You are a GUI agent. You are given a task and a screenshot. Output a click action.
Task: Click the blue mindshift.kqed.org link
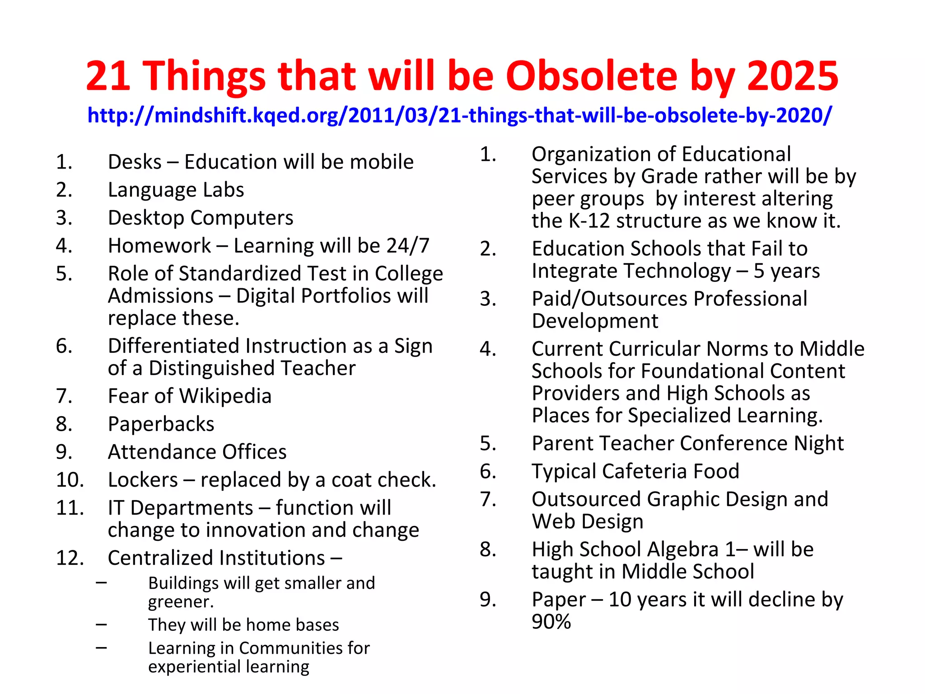459,115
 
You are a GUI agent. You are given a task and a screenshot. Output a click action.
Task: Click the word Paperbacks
161,424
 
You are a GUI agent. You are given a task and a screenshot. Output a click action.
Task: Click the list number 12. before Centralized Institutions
70,558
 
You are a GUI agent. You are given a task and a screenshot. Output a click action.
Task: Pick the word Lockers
143,480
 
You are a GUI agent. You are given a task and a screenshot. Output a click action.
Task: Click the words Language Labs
176,190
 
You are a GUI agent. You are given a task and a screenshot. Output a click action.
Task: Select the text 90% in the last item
551,622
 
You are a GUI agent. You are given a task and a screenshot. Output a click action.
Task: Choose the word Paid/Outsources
610,299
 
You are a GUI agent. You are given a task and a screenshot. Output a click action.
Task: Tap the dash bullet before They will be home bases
102,625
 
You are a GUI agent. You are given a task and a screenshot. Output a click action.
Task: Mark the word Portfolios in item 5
346,296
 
